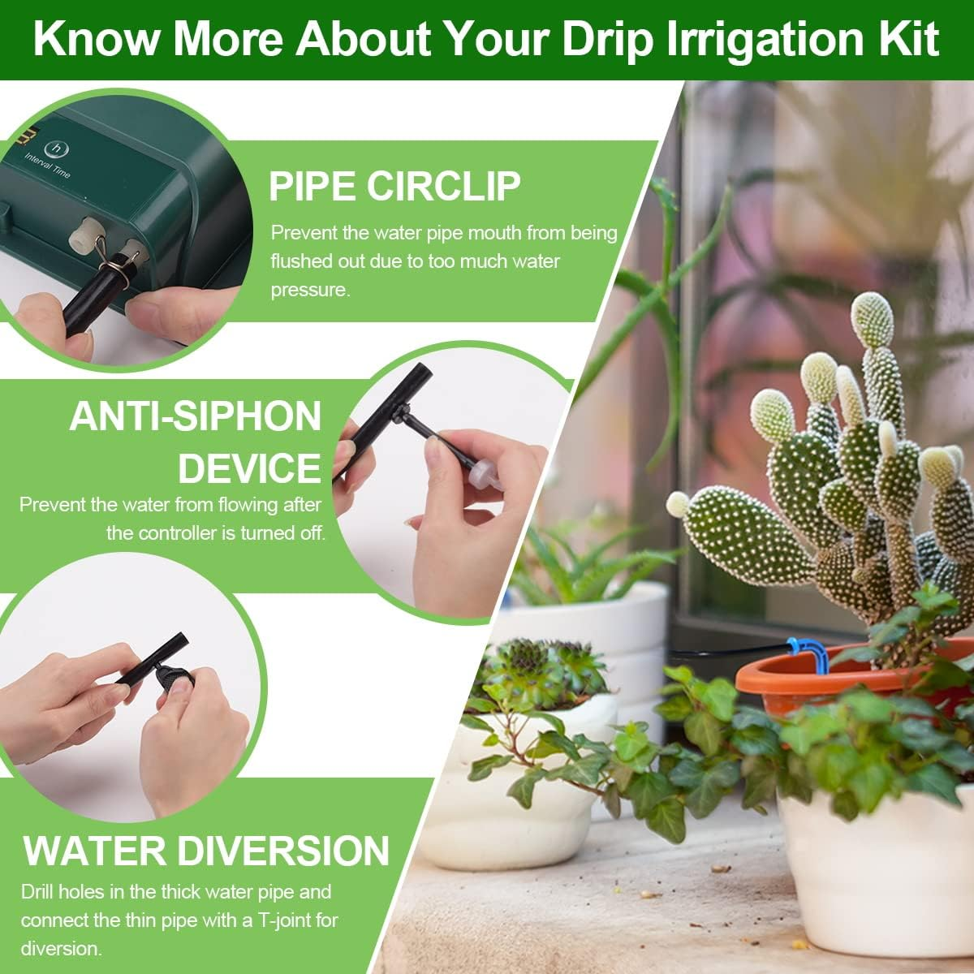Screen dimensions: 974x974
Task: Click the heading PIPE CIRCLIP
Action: pyautogui.click(x=394, y=186)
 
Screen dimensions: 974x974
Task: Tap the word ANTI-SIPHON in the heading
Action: pyautogui.click(x=196, y=416)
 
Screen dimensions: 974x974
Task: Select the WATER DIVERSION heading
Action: pyautogui.click(x=207, y=850)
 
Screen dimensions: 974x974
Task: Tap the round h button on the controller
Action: pyautogui.click(x=56, y=148)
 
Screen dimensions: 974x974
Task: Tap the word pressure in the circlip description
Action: pyautogui.click(x=310, y=290)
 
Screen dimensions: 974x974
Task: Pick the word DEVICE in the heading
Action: pyautogui.click(x=249, y=468)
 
